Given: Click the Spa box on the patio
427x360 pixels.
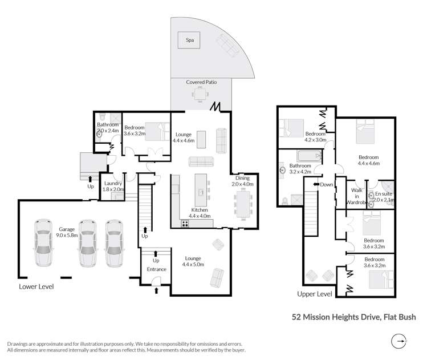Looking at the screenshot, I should pyautogui.click(x=189, y=40).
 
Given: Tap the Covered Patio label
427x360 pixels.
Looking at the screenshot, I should pyautogui.click(x=200, y=82).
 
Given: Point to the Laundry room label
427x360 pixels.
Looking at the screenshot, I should pyautogui.click(x=112, y=187).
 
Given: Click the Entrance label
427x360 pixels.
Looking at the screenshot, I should pyautogui.click(x=156, y=269).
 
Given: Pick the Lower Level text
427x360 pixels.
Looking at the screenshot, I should pyautogui.click(x=36, y=286).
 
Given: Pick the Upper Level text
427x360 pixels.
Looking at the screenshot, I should pyautogui.click(x=314, y=294).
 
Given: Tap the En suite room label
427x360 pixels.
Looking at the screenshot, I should pyautogui.click(x=383, y=197).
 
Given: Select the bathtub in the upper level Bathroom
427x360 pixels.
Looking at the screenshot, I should pyautogui.click(x=308, y=156).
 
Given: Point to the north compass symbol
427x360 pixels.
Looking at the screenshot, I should pyautogui.click(x=400, y=342).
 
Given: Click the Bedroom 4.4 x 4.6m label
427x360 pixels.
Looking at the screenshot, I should pyautogui.click(x=368, y=160).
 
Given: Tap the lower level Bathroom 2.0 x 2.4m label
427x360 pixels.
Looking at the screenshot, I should pyautogui.click(x=107, y=127).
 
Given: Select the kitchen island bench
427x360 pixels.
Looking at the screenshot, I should pyautogui.click(x=201, y=191).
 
